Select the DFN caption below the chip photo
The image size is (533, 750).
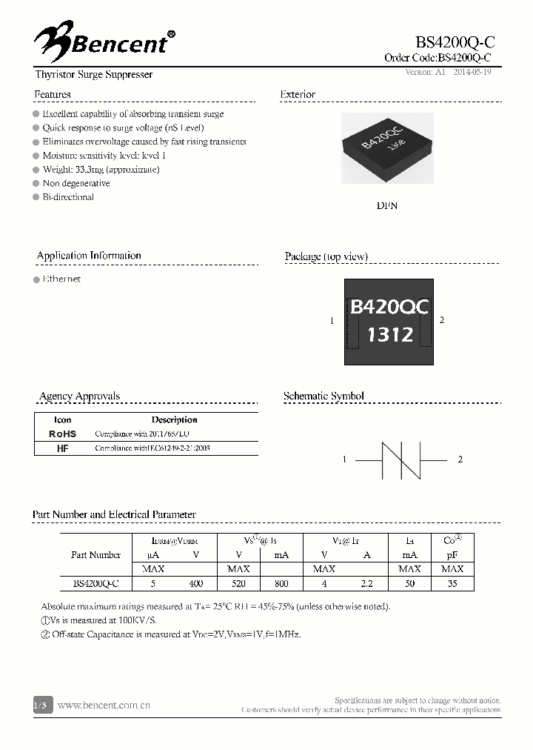386,205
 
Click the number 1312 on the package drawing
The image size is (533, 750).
390,334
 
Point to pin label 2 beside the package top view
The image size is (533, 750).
442,319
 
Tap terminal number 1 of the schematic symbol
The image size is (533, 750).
344,459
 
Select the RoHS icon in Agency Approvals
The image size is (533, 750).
62,434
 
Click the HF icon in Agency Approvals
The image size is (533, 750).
62,448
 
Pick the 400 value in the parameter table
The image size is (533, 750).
195,583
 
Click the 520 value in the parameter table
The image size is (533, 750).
238,583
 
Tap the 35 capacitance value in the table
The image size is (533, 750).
452,583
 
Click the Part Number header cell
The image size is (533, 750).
95,554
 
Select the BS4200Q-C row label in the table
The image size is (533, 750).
95,583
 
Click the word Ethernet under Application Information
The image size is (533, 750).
61,279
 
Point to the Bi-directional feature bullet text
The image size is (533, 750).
68,197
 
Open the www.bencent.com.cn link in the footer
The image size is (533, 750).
104,706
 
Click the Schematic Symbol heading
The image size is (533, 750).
324,396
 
